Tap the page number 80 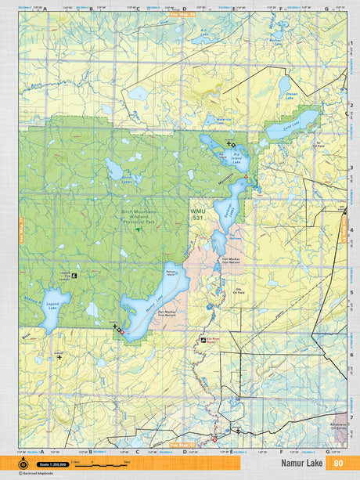tap(338, 462)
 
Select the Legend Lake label tap(50, 301)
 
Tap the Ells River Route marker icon tap(199, 341)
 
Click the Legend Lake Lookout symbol tap(74, 276)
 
